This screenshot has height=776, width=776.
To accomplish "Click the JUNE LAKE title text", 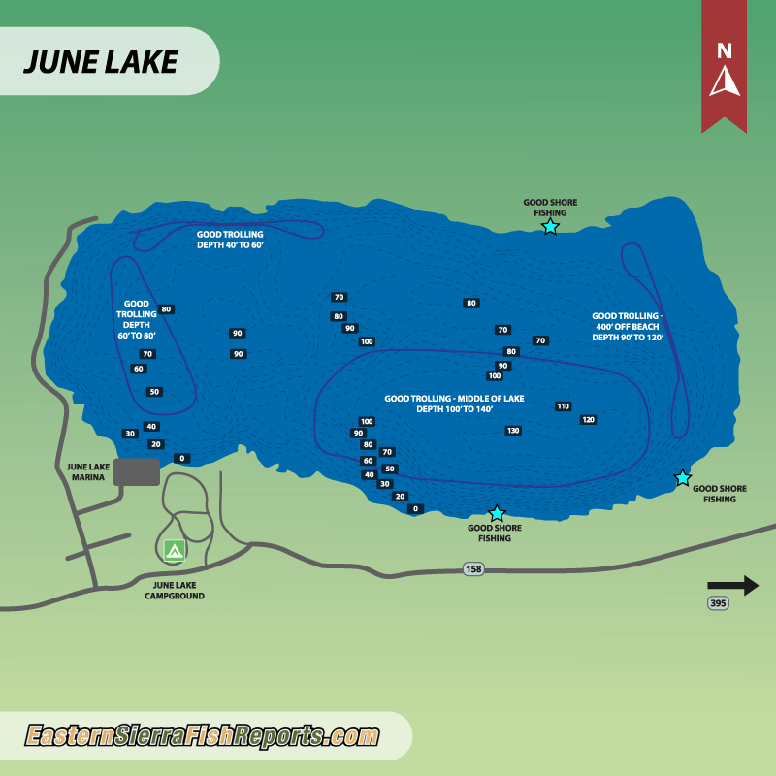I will tap(100, 61).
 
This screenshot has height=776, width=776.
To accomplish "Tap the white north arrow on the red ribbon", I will tap(725, 81).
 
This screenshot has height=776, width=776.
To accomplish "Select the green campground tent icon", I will tap(175, 550).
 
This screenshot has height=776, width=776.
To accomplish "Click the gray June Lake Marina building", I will tap(137, 472).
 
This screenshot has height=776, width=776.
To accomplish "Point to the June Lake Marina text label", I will tap(85, 472).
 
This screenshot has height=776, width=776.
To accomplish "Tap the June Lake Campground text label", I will tap(178, 591).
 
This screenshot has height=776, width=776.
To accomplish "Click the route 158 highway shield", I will tap(473, 569).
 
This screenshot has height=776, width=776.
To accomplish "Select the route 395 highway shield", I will tap(717, 603).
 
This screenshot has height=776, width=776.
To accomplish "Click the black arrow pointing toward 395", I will tap(732, 585).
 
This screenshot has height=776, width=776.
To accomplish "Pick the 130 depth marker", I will tap(513, 430).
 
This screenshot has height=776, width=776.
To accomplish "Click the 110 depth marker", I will tap(563, 406).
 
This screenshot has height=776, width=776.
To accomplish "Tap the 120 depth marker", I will tap(588, 420).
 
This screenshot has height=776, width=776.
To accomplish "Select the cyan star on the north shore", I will tap(550, 227).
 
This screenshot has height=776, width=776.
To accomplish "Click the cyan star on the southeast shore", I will tap(683, 477).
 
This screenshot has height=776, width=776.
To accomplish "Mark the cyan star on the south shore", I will tap(497, 513).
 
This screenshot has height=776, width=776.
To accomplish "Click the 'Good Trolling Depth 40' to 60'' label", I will tap(230, 240).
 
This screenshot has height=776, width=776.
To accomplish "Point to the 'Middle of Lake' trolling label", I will tap(454, 404).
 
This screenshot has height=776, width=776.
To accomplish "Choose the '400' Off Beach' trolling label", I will tap(628, 327).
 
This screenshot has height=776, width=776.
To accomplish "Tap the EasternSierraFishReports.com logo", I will tap(202, 736).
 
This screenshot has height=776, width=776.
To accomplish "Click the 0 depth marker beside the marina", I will tap(181, 458).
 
